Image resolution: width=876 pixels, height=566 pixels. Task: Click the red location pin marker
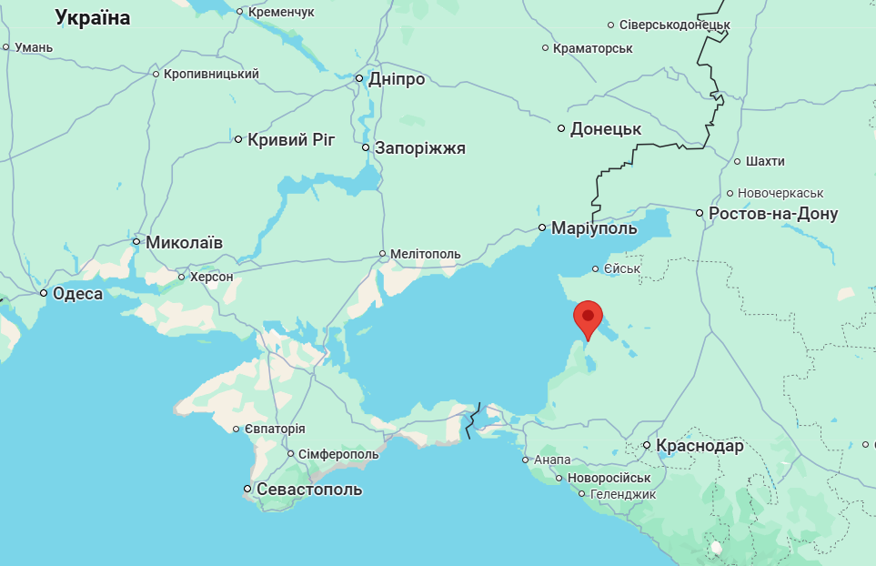[589, 318]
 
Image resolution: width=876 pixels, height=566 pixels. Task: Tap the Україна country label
[93, 17]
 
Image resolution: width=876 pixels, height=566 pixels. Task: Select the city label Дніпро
[397, 79]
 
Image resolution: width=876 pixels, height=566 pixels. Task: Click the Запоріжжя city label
[420, 148]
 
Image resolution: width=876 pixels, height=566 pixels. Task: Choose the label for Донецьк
[606, 129]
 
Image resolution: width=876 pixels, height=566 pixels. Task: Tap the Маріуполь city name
[594, 228]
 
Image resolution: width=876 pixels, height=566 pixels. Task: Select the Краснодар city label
[700, 446]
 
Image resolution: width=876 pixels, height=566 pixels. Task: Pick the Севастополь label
[309, 490]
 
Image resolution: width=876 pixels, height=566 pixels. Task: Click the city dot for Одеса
[44, 293]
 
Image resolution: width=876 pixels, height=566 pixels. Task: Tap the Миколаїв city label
[184, 242]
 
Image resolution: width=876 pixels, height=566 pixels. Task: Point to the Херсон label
[211, 277]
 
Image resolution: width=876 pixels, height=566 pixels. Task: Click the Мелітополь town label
[426, 254]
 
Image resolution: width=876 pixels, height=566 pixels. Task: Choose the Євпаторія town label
[275, 429]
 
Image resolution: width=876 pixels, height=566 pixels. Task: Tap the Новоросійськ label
[609, 478]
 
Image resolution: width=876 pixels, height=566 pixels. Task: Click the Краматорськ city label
[593, 48]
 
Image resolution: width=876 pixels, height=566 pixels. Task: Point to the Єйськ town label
[623, 268]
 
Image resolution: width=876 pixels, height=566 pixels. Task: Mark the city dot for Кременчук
[240, 12]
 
